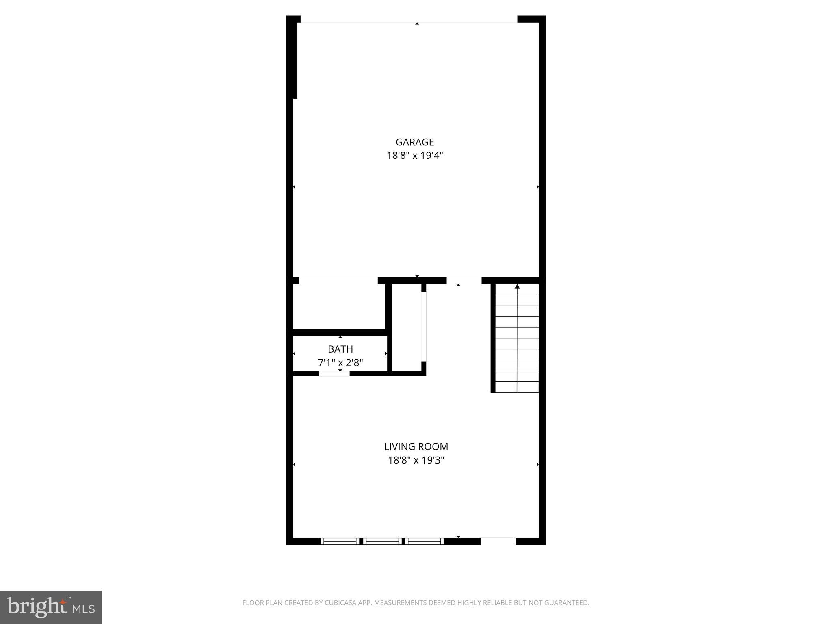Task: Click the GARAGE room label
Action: coord(415,142)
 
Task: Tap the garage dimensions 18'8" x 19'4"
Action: coord(415,156)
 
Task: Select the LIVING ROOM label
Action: coord(416,446)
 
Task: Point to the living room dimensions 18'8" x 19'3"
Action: coord(416,460)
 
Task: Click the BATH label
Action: coord(340,349)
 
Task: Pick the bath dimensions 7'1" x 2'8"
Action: coord(340,362)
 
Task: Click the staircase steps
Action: coord(517,341)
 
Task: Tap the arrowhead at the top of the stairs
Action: coord(517,287)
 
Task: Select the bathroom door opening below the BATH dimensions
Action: coord(334,374)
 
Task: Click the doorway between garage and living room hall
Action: coord(464,280)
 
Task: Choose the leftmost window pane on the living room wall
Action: coord(339,541)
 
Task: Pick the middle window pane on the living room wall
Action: coord(382,541)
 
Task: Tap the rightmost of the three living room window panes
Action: coord(425,541)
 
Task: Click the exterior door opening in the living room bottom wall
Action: coord(498,541)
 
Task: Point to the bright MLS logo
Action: coord(51,607)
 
